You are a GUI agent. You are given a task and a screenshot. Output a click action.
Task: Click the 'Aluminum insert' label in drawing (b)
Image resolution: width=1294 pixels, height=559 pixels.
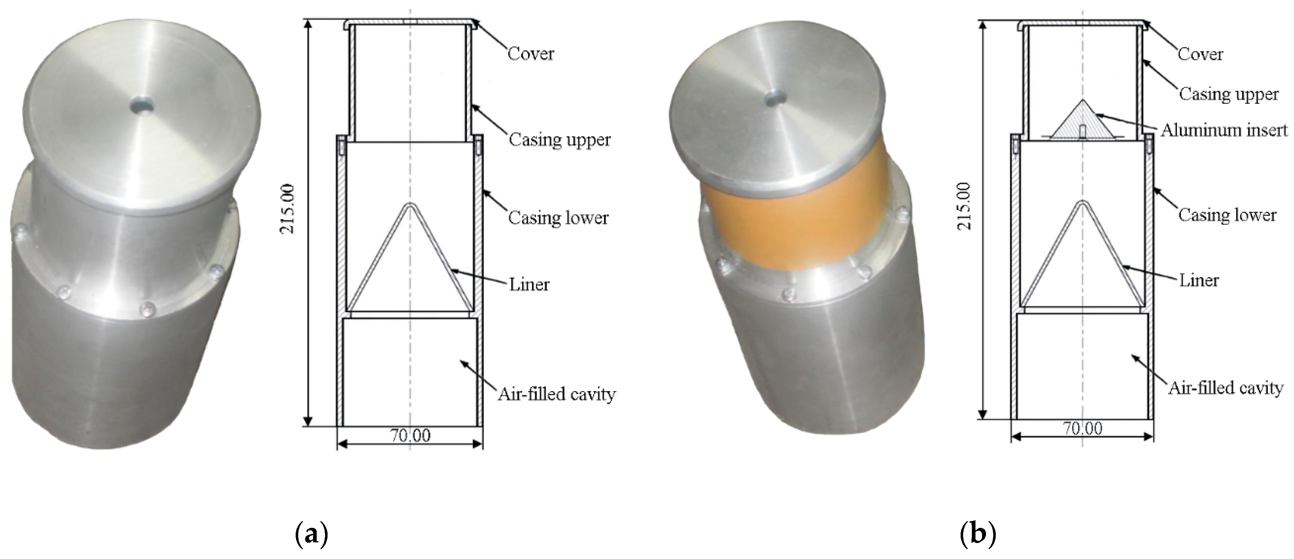(1224, 130)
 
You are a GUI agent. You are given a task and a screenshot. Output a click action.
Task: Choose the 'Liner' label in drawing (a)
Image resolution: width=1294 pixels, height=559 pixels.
(529, 285)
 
